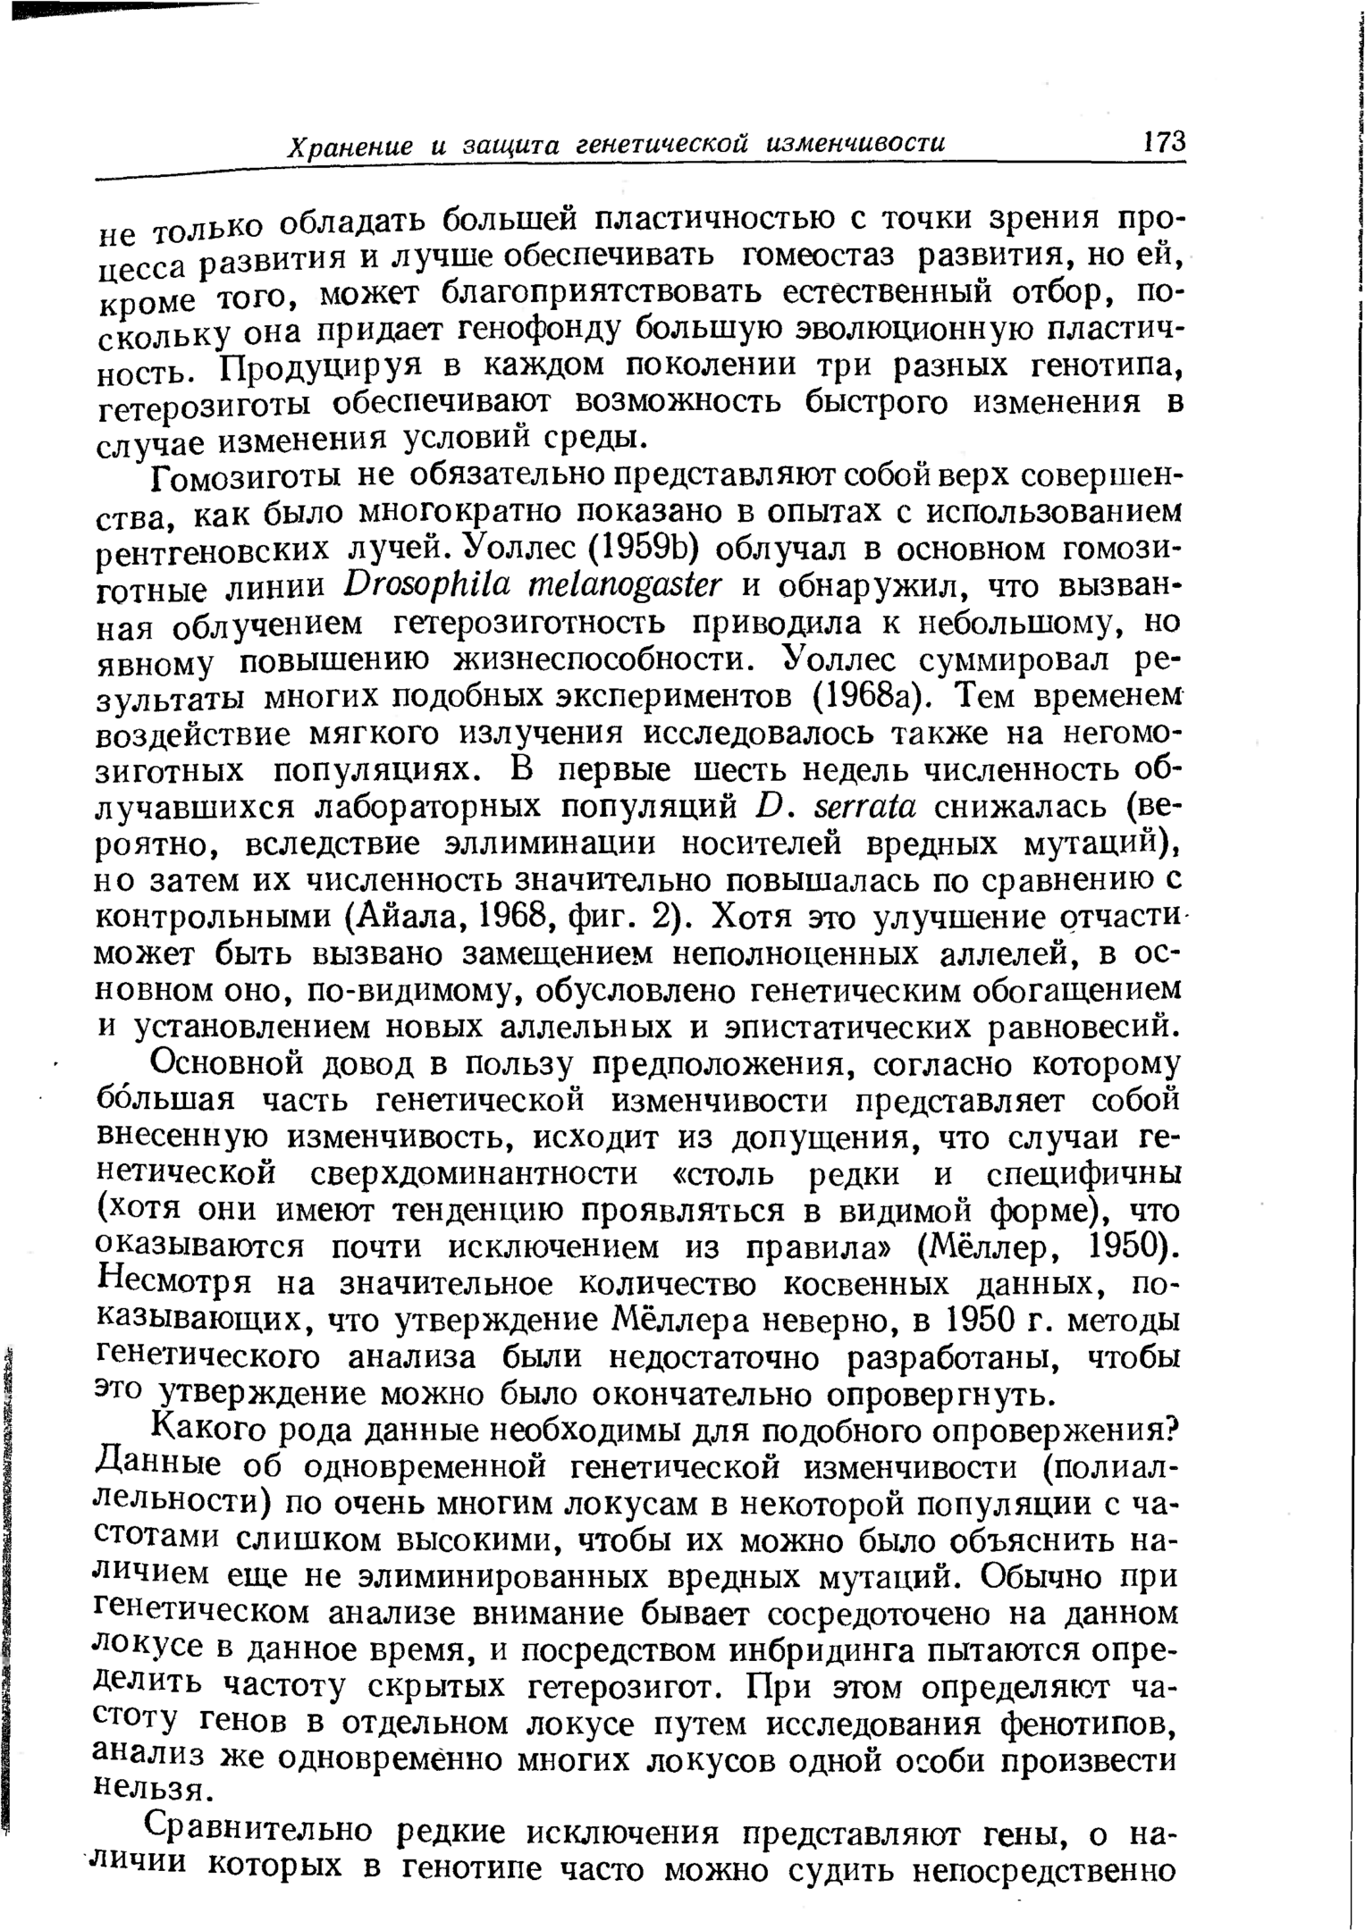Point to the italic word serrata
tap(864, 806)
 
